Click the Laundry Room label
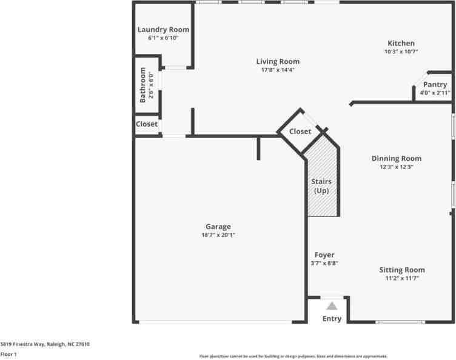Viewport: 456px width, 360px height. (163, 29)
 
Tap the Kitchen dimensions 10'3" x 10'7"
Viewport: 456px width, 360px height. (401, 52)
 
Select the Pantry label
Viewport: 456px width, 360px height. (435, 85)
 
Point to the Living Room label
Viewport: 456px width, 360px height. (277, 61)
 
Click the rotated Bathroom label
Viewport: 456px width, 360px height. (142, 85)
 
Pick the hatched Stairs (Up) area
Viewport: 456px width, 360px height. (321, 182)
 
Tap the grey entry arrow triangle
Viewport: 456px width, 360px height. (332, 306)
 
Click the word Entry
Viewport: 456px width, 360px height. (332, 319)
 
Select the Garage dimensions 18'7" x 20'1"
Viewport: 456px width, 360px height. (218, 235)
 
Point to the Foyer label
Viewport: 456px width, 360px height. (324, 255)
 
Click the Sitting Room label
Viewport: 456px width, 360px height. (402, 270)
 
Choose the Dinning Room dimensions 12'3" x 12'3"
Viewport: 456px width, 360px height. (396, 167)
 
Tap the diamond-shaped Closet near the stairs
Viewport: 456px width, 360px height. (300, 132)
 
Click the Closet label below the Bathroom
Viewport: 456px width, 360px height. (147, 124)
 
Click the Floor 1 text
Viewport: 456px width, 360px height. (8, 354)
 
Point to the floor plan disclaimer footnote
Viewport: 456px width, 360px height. (293, 356)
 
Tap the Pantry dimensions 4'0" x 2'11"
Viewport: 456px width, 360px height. (435, 93)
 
